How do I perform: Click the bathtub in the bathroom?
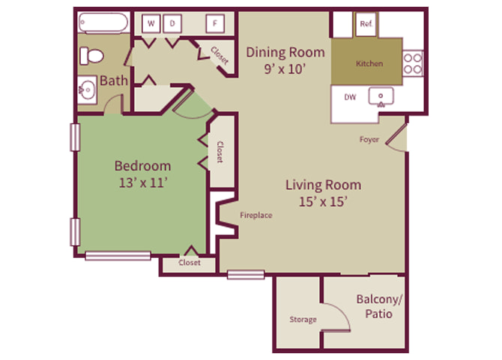(103, 22)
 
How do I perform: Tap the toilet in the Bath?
(91, 55)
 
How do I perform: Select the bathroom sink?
(87, 90)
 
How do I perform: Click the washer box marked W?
(151, 23)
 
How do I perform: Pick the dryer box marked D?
(172, 23)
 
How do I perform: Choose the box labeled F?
(215, 23)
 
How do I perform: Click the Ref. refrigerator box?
(366, 24)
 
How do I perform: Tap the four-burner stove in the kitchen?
(413, 63)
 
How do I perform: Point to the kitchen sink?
(381, 97)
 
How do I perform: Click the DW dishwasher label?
(350, 97)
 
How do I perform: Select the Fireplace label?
(256, 215)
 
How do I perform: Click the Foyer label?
(369, 139)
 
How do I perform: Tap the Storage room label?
(303, 319)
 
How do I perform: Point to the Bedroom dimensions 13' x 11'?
(143, 183)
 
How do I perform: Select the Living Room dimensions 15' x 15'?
(323, 202)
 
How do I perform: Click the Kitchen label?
(369, 64)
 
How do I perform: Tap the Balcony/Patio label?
(379, 307)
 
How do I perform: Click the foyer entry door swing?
(396, 139)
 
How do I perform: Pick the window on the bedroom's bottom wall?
(118, 256)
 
